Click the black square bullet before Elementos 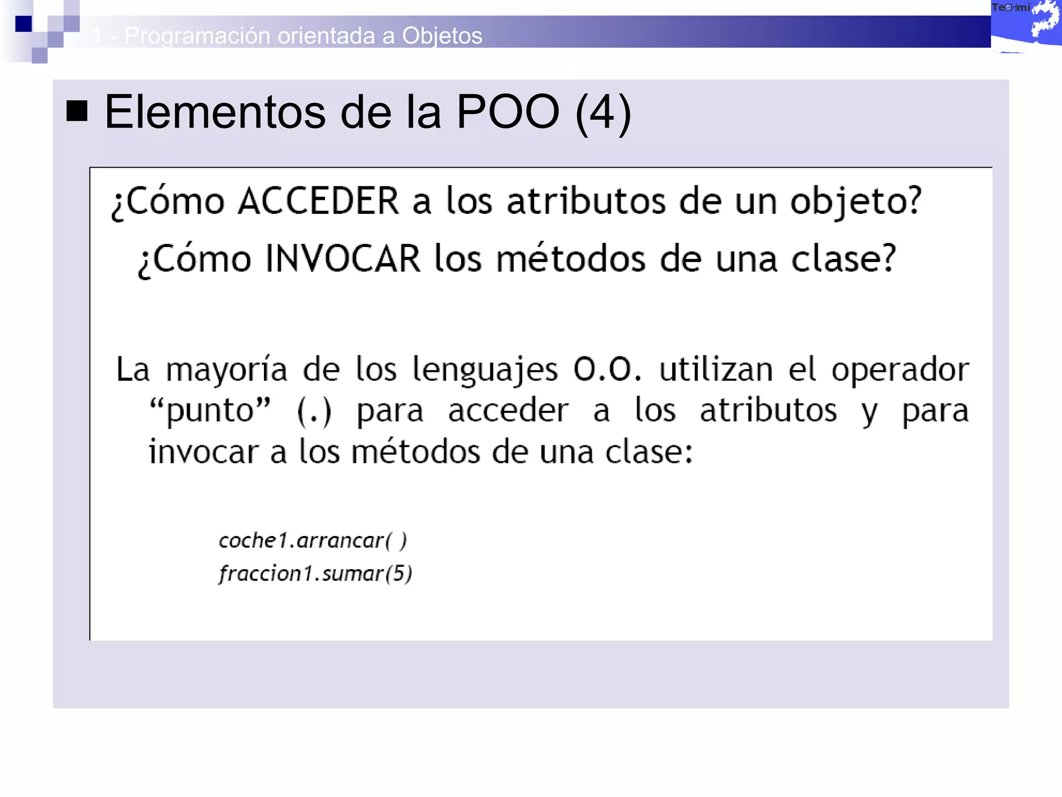click(x=77, y=111)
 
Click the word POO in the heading click(x=508, y=112)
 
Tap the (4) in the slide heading click(x=603, y=113)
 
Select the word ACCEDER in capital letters click(x=318, y=201)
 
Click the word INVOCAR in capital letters click(x=342, y=259)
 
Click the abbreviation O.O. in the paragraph click(x=607, y=370)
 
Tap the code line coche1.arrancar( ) click(x=313, y=541)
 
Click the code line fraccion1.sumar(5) click(x=315, y=574)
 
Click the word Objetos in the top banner click(x=442, y=36)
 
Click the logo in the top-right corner click(x=1026, y=25)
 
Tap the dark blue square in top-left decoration click(x=23, y=24)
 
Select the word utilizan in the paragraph click(x=716, y=370)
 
